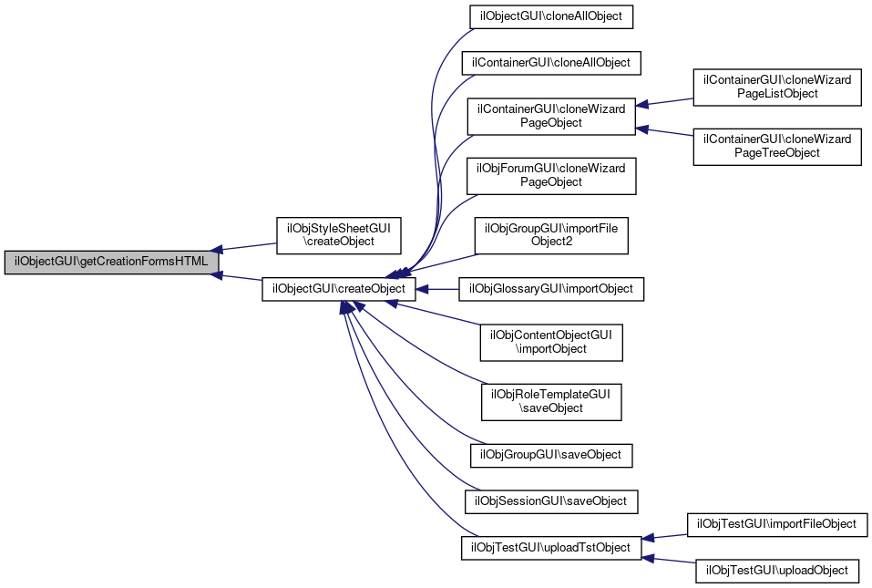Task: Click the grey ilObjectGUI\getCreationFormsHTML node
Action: tap(112, 263)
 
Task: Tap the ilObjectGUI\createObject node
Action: tap(340, 289)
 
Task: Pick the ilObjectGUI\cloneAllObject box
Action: tap(550, 16)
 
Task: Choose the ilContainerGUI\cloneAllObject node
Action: tap(552, 63)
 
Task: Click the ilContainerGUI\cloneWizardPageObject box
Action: tap(551, 116)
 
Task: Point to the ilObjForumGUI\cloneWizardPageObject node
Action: tap(551, 175)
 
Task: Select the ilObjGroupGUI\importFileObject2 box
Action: tap(551, 235)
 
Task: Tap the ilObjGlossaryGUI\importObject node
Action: tap(551, 289)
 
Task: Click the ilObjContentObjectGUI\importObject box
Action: tap(551, 342)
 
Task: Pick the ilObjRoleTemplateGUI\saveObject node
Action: tap(551, 401)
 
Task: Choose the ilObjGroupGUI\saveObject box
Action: tap(551, 454)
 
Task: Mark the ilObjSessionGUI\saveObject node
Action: tap(551, 500)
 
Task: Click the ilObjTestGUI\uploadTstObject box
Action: tap(551, 548)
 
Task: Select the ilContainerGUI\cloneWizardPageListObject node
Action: tap(777, 87)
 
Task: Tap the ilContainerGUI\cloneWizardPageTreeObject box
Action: tap(777, 146)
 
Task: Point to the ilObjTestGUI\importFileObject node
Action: tap(776, 524)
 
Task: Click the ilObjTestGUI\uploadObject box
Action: tap(776, 572)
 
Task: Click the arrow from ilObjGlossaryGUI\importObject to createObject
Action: tap(442, 289)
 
